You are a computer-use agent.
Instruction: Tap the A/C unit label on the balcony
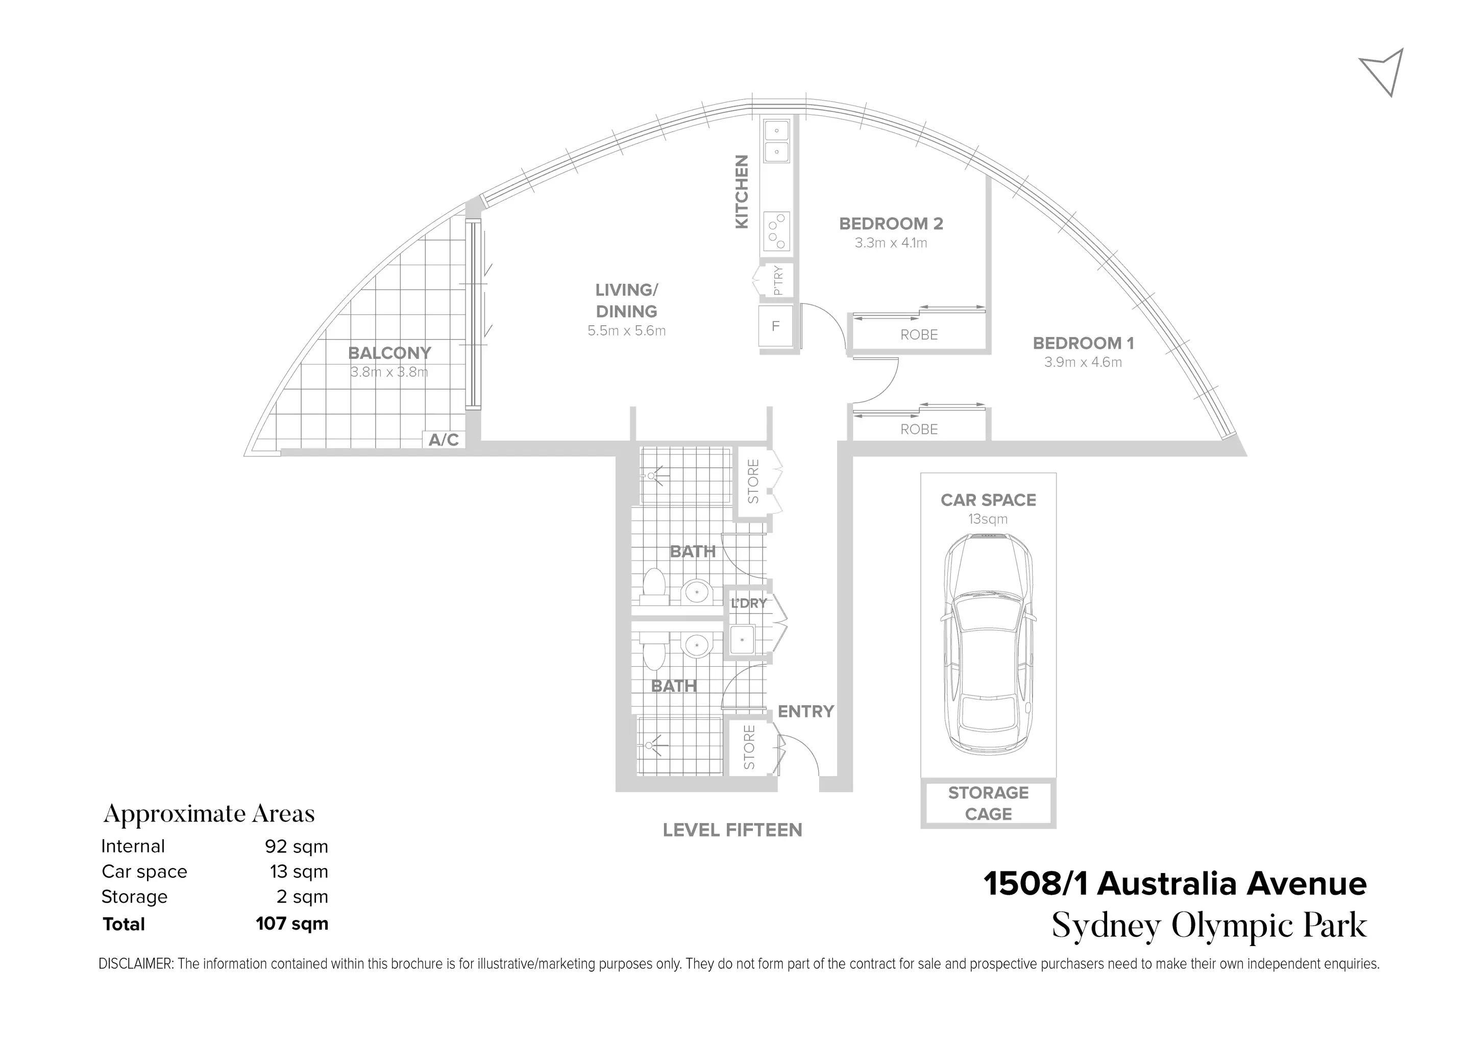click(444, 440)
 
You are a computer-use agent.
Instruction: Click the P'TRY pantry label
click(778, 280)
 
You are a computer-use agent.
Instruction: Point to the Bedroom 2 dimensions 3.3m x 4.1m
click(891, 243)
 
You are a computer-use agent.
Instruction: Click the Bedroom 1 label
click(1083, 343)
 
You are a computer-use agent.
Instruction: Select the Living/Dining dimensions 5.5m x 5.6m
click(626, 331)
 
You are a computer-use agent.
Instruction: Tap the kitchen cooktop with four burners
click(777, 231)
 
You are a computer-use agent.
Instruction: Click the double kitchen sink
click(777, 141)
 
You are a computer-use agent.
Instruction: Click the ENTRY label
click(805, 712)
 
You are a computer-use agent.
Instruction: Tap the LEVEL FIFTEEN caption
click(732, 830)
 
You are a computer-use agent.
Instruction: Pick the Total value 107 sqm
click(291, 924)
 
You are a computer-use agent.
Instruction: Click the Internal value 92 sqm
click(296, 846)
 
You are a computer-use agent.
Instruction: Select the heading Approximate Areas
click(209, 814)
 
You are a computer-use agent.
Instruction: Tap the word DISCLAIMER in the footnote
click(136, 964)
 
